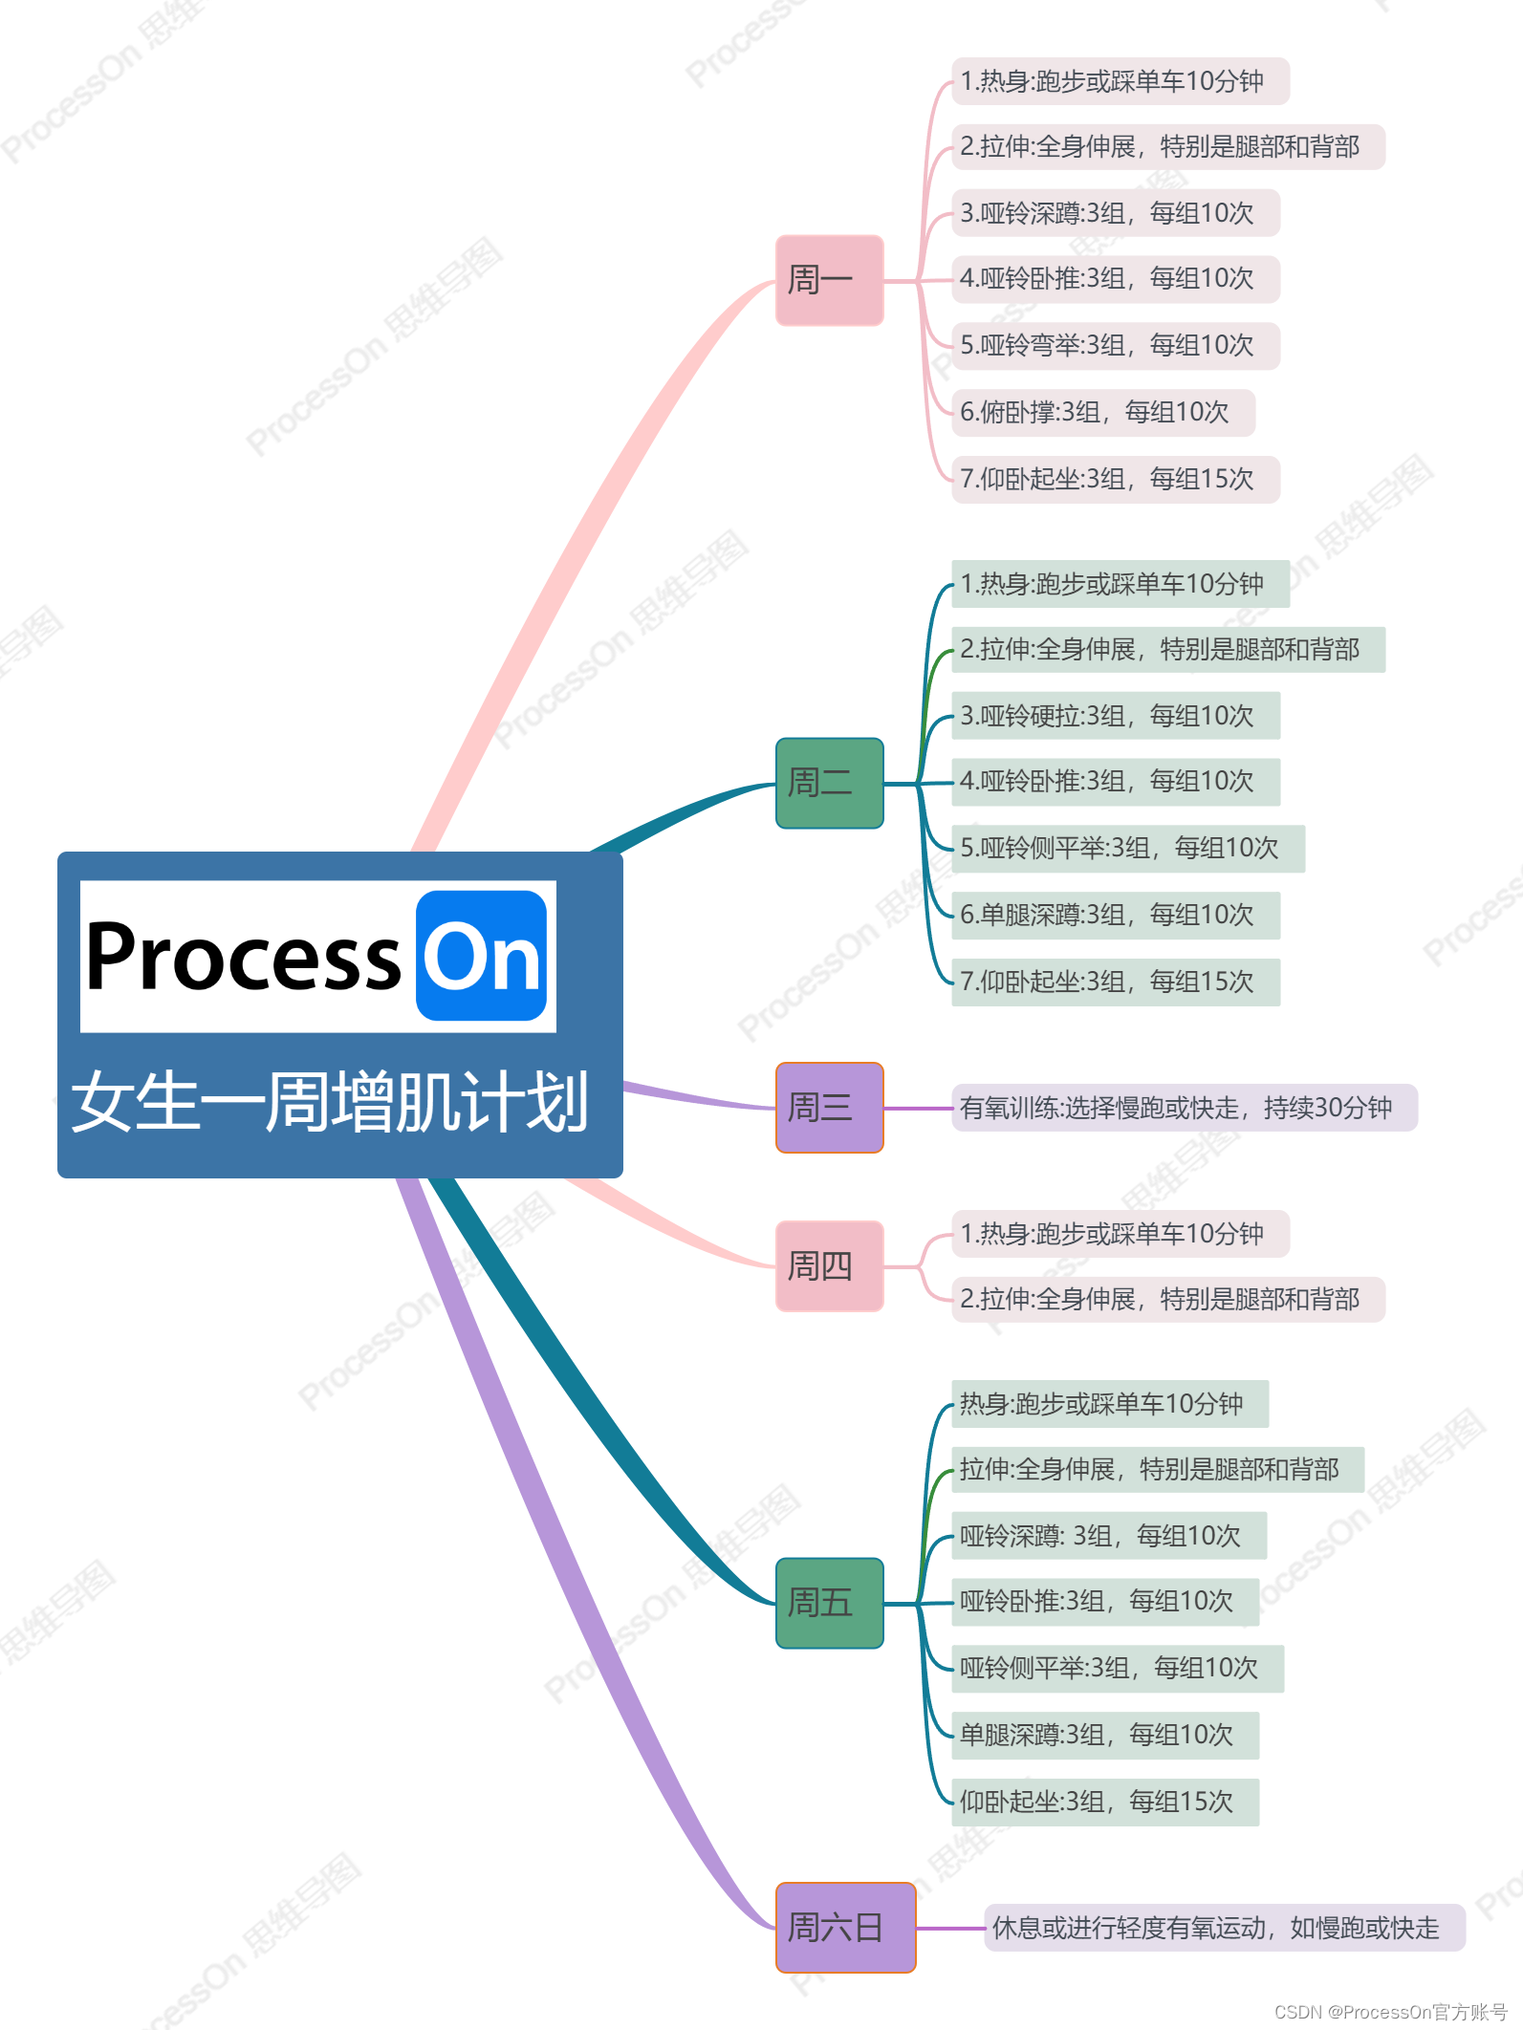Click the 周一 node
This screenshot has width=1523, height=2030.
[x=829, y=280]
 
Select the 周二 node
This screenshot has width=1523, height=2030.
[x=829, y=783]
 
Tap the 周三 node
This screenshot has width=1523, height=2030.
[x=829, y=1108]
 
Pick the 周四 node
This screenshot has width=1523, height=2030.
[x=829, y=1266]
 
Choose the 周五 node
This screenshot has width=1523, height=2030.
[x=829, y=1603]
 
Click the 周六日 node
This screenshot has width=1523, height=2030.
[x=845, y=1928]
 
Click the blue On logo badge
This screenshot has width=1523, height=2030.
[x=481, y=956]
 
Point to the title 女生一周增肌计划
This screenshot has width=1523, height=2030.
[x=330, y=1102]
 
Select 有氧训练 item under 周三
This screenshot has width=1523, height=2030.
[x=1184, y=1108]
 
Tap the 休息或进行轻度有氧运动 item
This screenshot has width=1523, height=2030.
[x=1224, y=1928]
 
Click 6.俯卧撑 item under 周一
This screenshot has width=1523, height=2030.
[x=1102, y=412]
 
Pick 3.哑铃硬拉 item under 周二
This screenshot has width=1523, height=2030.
[x=1115, y=716]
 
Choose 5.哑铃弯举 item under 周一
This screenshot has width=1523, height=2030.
[x=1115, y=345]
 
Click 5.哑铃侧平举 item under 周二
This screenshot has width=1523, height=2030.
[x=1127, y=848]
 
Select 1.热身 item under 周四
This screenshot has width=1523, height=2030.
[x=1120, y=1234]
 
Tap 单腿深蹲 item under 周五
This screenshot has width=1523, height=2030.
[x=1104, y=1735]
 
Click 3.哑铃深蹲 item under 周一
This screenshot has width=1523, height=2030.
[x=1115, y=213]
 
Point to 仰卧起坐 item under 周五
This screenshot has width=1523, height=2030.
[x=1104, y=1802]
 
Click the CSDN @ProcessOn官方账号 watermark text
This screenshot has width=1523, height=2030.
[x=1390, y=2012]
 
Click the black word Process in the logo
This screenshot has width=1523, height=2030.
[x=244, y=956]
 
